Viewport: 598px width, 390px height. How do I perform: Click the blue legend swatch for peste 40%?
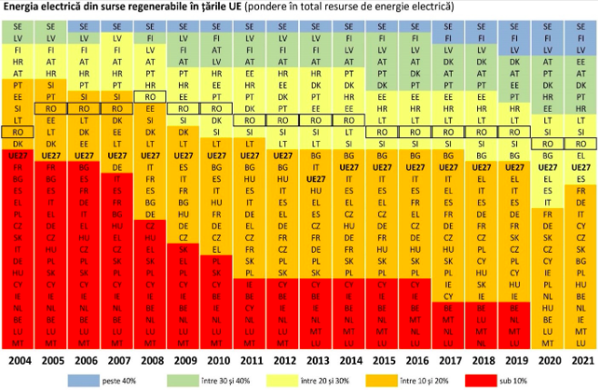pyautogui.click(x=86, y=377)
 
